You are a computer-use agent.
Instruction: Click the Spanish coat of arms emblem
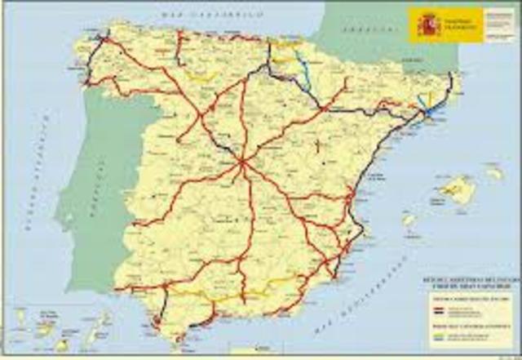[428, 24]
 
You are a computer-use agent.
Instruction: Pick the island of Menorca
[494, 173]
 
